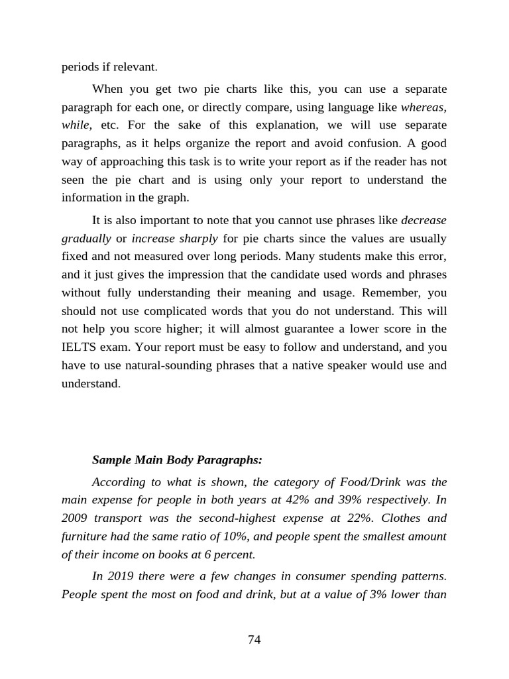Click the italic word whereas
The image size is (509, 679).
424,107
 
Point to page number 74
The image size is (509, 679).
254,639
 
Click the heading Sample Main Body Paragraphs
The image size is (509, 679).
177,460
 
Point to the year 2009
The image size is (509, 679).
76,517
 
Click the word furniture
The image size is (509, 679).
84,535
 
